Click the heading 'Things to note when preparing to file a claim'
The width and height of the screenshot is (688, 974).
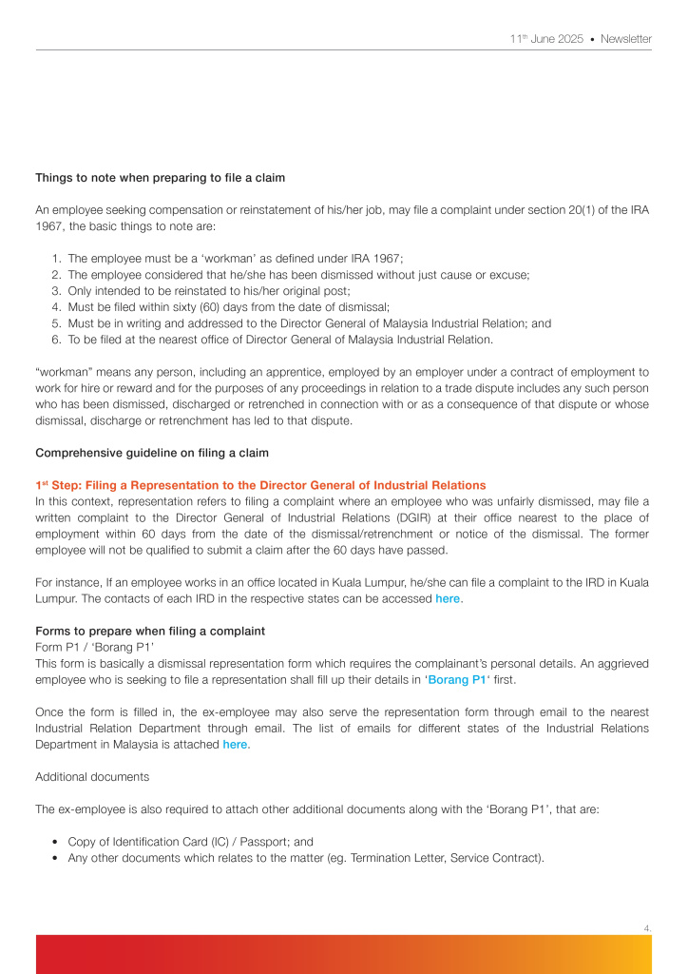click(x=160, y=178)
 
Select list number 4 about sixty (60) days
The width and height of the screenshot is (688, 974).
click(x=56, y=306)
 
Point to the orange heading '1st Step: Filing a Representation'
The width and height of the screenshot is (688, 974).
click(x=259, y=485)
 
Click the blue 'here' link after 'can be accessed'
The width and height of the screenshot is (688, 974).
click(x=448, y=598)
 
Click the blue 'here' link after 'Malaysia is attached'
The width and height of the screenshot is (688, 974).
click(x=235, y=744)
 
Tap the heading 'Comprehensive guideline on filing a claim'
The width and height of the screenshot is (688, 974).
click(x=152, y=452)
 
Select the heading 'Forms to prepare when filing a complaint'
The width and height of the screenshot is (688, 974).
click(x=149, y=631)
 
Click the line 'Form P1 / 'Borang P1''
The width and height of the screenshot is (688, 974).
click(x=94, y=648)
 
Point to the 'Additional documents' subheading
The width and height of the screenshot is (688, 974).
click(x=92, y=776)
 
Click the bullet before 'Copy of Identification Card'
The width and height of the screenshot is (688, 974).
click(x=56, y=842)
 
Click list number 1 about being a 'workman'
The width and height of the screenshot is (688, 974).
click(x=56, y=258)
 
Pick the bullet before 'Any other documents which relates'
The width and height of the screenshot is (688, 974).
click(x=56, y=858)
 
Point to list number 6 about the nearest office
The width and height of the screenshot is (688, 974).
click(x=56, y=340)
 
